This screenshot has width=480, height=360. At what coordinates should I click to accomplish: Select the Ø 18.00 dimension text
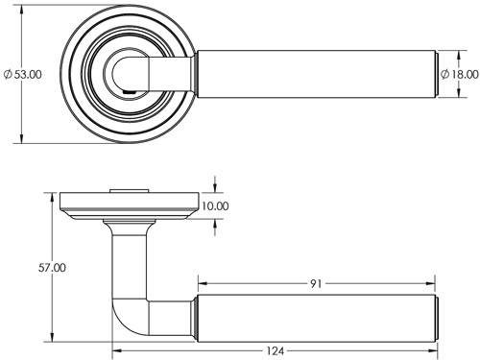click(459, 74)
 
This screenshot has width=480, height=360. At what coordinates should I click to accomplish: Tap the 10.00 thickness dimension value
click(216, 205)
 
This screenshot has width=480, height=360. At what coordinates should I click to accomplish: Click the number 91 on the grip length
click(317, 284)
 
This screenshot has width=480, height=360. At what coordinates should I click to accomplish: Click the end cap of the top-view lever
click(434, 74)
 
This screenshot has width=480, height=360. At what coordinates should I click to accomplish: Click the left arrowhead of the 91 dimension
click(202, 284)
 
